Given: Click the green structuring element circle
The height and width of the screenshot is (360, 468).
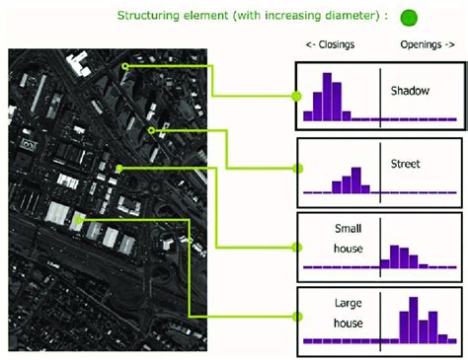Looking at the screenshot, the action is [409, 18].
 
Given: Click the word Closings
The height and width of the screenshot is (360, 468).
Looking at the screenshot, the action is [337, 44].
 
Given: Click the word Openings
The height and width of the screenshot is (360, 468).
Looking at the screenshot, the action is [421, 44].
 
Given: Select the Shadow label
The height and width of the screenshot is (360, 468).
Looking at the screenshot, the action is [410, 91].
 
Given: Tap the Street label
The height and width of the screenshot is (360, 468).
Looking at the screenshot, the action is [405, 164].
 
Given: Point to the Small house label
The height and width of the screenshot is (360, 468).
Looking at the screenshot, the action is [349, 239].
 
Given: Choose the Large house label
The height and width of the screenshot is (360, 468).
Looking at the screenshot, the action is [349, 313].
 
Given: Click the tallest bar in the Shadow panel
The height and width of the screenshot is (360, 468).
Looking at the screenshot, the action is [327, 97].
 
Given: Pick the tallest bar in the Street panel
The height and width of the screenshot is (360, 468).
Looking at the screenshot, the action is [356, 180].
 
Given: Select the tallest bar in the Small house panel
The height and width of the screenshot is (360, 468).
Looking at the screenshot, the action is [394, 256].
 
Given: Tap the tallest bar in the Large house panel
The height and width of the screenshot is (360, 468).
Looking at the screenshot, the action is [414, 321].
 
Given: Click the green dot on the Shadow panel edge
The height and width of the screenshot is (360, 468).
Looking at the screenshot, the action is [296, 97].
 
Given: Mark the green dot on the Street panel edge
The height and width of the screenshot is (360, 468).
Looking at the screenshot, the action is [298, 169].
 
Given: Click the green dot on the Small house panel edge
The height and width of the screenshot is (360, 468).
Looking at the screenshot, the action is [297, 248].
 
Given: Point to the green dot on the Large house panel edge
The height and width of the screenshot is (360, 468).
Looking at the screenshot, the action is [297, 317].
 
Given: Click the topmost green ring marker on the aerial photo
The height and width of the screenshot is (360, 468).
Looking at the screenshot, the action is [125, 66].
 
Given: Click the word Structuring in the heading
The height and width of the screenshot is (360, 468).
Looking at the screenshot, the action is [148, 16].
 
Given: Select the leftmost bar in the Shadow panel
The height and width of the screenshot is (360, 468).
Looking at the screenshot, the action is [308, 116].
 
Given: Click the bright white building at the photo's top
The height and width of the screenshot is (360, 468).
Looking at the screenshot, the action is [78, 65].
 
